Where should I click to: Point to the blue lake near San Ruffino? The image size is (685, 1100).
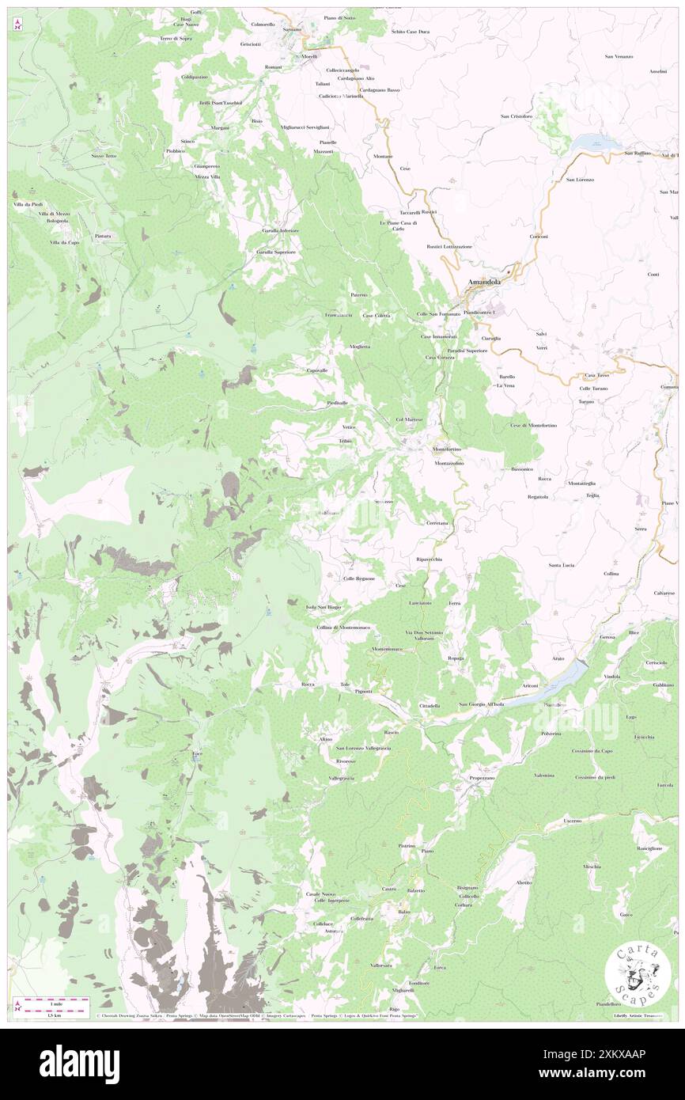590,142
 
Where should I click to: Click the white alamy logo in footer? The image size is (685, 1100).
79,1064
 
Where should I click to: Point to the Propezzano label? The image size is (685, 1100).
481,777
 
